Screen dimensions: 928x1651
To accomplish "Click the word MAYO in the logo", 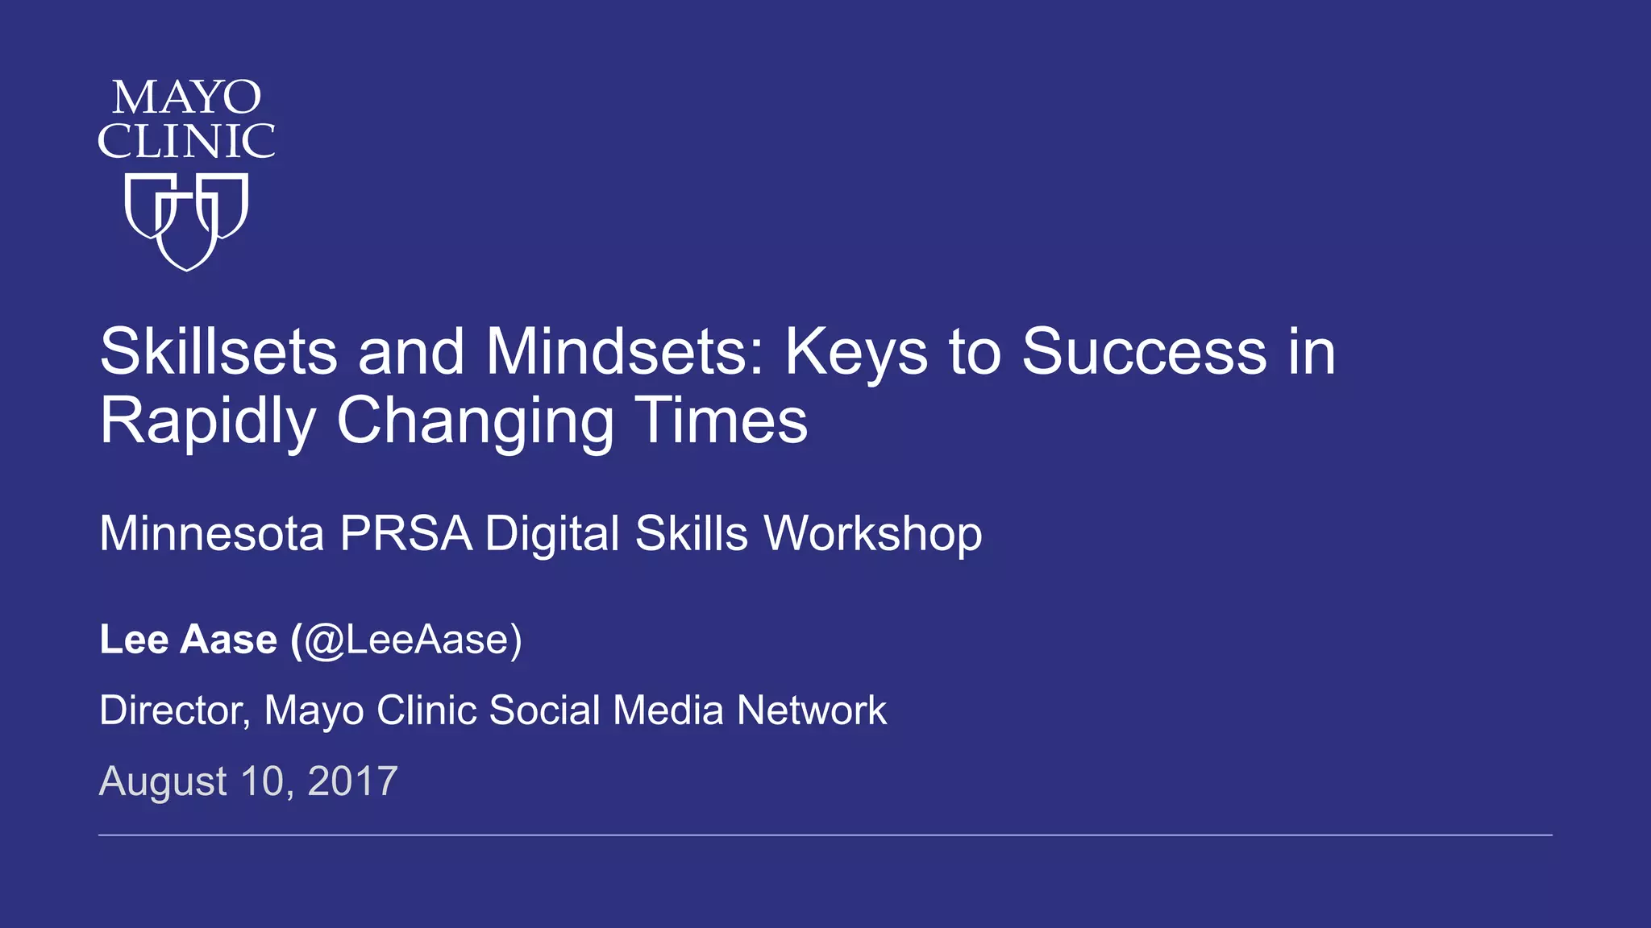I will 186,98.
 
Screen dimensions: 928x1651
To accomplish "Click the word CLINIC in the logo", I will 186,142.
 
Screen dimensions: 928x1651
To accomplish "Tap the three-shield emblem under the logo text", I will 186,221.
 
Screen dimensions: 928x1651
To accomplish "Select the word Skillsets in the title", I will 218,352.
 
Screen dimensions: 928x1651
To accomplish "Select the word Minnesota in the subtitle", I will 211,533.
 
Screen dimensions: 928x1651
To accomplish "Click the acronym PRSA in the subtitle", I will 405,533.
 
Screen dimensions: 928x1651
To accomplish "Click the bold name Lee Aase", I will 188,640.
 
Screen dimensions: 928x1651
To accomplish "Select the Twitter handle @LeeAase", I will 407,640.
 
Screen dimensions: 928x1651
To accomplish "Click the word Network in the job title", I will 811,710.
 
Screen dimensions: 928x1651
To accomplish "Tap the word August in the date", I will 163,781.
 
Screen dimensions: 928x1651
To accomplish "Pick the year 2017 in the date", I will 352,781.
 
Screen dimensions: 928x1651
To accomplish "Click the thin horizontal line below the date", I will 825,835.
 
